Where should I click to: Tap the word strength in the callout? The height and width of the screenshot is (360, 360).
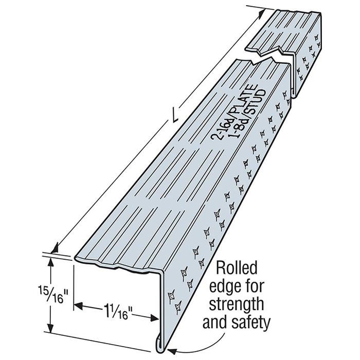[237, 305]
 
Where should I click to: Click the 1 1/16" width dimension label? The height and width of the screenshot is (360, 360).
[117, 311]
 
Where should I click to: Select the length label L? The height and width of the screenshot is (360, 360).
[175, 117]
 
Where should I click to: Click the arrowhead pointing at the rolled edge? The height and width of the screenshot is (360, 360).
[173, 351]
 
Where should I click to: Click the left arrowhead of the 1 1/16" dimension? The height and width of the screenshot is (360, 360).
[79, 305]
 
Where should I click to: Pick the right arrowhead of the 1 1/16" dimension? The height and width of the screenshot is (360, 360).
[154, 318]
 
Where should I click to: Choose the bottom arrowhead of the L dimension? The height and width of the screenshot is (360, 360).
[55, 249]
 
